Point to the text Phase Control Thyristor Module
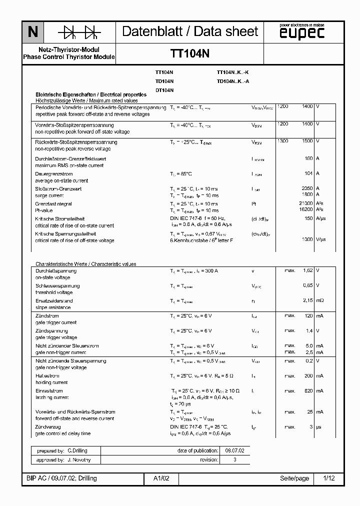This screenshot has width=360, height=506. click(x=69, y=57)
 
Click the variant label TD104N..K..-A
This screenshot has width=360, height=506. click(x=233, y=81)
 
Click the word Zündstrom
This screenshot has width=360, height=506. click(x=46, y=316)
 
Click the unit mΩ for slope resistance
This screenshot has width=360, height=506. click(x=320, y=300)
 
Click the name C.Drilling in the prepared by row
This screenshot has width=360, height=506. click(x=77, y=450)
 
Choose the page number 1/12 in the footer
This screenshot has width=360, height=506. click(x=329, y=478)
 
